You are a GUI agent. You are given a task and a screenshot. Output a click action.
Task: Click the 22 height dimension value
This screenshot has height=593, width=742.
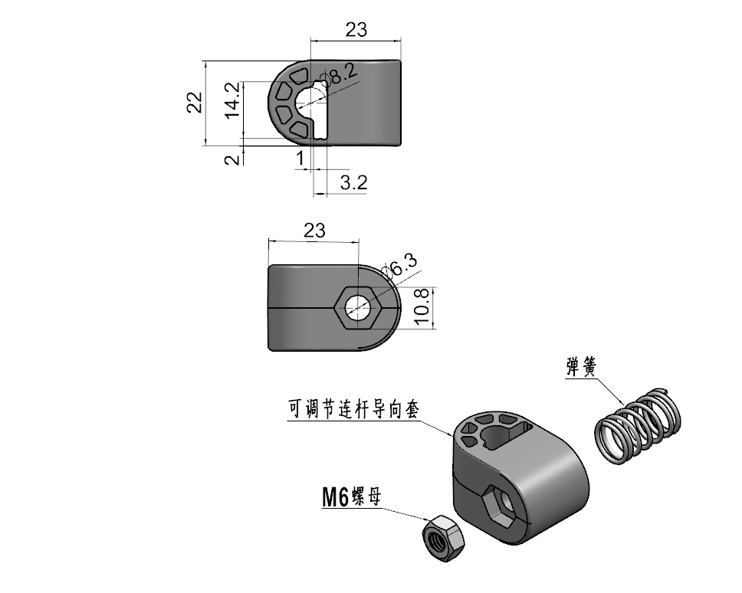tap(195, 103)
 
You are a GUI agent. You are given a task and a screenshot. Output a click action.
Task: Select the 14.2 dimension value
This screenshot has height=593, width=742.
tap(232, 100)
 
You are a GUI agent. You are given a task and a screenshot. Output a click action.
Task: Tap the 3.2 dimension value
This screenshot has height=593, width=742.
tap(353, 182)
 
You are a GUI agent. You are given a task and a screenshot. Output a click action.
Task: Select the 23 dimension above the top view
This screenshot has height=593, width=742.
tap(356, 30)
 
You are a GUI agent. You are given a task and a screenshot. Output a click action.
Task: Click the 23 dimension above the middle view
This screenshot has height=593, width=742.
tap(315, 231)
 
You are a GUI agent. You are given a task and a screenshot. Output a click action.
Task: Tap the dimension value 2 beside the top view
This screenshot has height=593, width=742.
tap(232, 159)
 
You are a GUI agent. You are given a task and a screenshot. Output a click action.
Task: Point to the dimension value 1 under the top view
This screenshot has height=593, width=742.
tap(300, 159)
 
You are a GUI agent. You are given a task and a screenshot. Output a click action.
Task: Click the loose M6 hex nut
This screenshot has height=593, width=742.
tap(443, 538)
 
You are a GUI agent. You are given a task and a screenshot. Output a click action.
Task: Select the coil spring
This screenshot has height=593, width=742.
tap(638, 426)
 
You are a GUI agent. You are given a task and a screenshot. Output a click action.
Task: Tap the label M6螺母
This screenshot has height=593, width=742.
tap(351, 497)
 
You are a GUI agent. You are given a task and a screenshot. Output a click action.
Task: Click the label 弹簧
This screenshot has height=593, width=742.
tap(581, 366)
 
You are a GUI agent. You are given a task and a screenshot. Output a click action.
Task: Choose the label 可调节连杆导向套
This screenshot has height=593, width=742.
tap(353, 409)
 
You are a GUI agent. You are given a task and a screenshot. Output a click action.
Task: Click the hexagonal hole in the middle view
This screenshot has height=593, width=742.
tap(358, 308)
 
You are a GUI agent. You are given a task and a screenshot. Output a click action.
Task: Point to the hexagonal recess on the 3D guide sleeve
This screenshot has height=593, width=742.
tap(501, 507)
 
